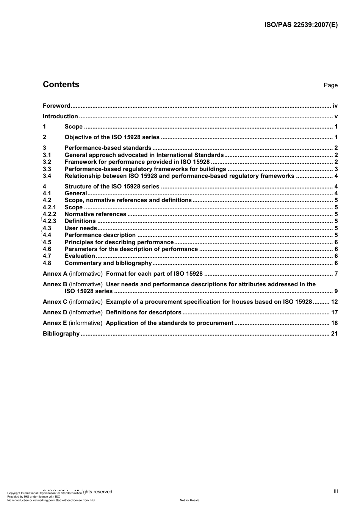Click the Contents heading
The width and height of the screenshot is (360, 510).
[61, 85]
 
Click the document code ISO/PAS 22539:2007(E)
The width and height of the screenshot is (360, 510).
[301, 25]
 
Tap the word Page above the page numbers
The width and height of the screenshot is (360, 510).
[330, 85]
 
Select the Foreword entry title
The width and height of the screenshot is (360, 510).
[56, 106]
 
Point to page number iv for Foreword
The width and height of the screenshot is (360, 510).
[335, 106]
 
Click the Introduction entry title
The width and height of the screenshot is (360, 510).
[60, 116]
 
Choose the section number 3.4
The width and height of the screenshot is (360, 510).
[47, 176]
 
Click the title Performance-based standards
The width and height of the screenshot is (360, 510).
[108, 148]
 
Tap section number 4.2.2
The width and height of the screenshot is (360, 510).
[49, 214]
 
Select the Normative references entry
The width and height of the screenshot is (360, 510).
[95, 214]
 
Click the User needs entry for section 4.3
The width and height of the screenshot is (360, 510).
[81, 228]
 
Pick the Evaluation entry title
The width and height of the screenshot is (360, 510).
[80, 256]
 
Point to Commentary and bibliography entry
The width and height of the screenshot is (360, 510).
[108, 263]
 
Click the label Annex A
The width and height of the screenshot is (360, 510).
[55, 274]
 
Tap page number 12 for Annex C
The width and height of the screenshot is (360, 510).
[334, 302]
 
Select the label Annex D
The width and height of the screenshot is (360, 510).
[55, 312]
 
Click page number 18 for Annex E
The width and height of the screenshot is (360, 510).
[334, 323]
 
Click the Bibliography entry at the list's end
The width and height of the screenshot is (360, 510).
[61, 334]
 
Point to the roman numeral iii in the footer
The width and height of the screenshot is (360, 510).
[336, 491]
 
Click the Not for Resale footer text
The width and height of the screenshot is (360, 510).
[189, 500]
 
